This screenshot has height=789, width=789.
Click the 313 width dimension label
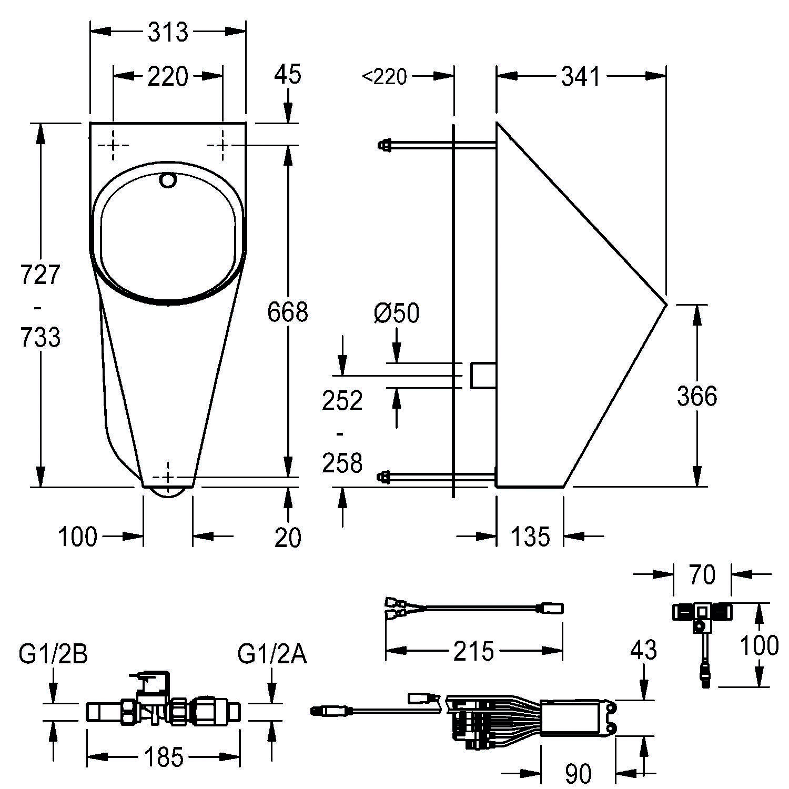(x=168, y=32)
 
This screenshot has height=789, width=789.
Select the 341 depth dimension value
(x=580, y=77)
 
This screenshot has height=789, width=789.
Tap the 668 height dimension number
(x=287, y=312)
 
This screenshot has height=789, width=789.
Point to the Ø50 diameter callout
(x=397, y=313)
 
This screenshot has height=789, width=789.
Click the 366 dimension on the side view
(x=696, y=396)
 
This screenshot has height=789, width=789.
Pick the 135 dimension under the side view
(x=530, y=537)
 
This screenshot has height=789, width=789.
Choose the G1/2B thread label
(x=53, y=655)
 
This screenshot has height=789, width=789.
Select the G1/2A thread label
(x=272, y=655)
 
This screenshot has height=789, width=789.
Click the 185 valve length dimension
(x=164, y=757)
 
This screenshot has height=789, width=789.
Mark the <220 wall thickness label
(x=385, y=77)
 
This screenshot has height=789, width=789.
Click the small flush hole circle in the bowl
(x=168, y=180)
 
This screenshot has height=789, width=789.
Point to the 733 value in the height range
(x=41, y=337)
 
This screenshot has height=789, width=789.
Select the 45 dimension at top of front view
(x=288, y=74)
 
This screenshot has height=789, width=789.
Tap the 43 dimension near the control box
(x=643, y=651)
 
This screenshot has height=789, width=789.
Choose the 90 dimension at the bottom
(x=578, y=773)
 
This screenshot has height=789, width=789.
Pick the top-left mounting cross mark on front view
(x=114, y=145)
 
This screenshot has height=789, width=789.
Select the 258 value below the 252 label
(x=342, y=463)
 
